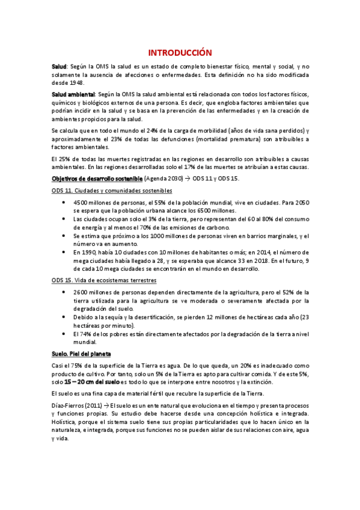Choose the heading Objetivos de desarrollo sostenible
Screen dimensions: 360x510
click(x=97, y=179)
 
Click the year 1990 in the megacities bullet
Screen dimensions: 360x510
click(x=90, y=253)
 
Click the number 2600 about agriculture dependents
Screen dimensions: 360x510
click(x=82, y=292)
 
